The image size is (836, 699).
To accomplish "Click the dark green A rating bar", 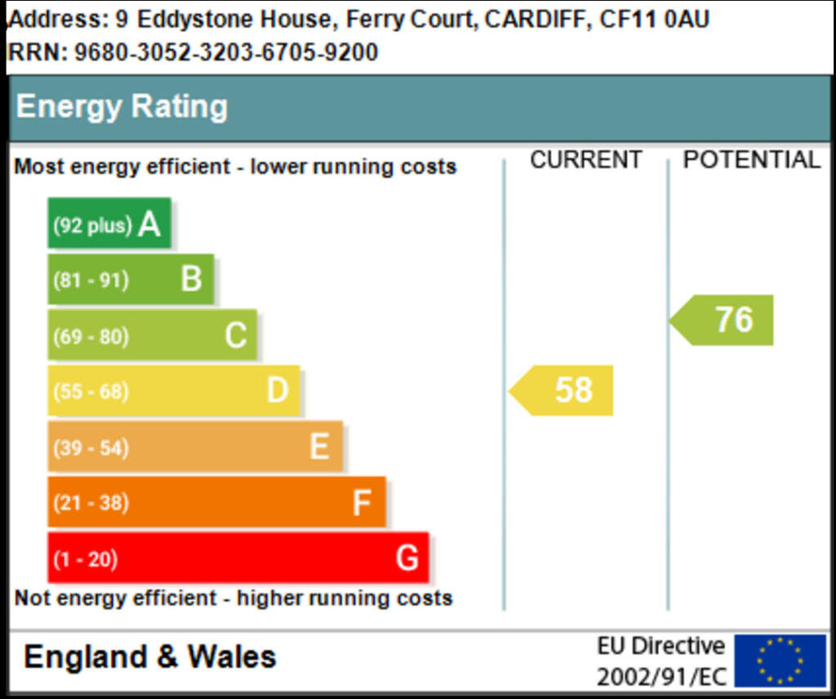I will tap(109, 223).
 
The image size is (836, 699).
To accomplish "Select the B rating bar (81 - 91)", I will tap(131, 279).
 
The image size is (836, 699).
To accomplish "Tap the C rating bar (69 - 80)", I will tap(152, 335).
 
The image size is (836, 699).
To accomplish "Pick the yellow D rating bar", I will tap(173, 391).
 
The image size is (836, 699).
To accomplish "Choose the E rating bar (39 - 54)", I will tap(194, 447).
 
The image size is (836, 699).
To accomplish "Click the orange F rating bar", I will tap(216, 502).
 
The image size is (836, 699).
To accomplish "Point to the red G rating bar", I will tap(238, 558).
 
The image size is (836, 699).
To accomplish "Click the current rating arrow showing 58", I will tap(563, 391).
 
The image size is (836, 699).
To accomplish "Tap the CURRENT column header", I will tap(585, 160).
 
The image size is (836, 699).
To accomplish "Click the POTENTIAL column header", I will tap(751, 160).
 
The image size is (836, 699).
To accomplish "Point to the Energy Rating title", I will tap(122, 107).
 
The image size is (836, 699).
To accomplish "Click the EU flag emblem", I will tap(780, 661).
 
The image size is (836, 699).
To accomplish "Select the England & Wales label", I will tap(150, 657).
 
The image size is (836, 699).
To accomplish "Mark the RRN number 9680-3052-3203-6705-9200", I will tap(226, 53).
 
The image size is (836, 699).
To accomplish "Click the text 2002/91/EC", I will tap(660, 676).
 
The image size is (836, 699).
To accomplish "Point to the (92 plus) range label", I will tap(92, 225).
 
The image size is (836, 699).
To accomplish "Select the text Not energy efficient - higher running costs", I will tap(233, 598).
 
